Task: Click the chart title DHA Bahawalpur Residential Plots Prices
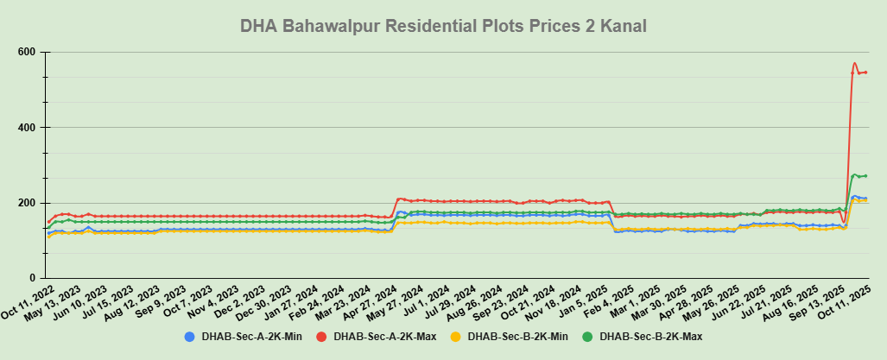point(443,27)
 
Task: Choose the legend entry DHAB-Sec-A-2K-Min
point(250,336)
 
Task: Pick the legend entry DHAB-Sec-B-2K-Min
point(516,336)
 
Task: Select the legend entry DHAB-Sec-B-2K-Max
point(649,336)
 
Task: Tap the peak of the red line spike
point(854,63)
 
